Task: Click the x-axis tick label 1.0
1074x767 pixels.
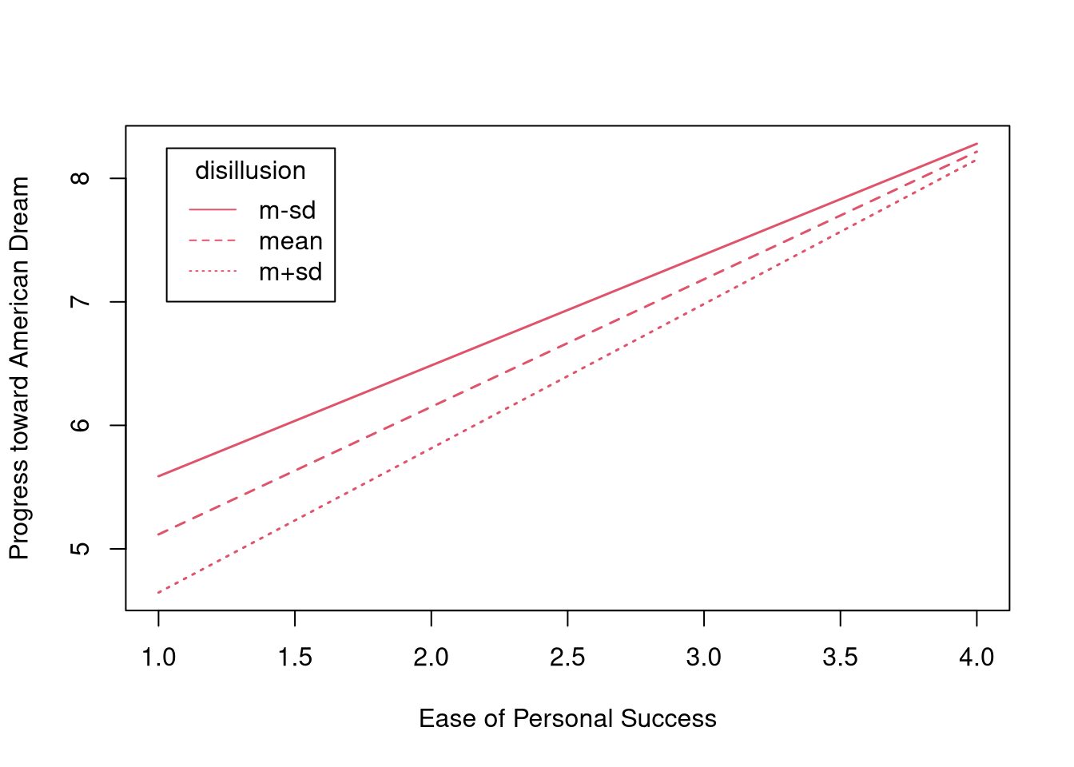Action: (158, 658)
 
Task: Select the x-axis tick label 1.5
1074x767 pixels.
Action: (295, 658)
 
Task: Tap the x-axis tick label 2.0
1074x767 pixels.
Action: (431, 658)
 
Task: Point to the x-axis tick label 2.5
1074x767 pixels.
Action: (567, 658)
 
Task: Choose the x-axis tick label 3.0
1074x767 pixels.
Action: (703, 658)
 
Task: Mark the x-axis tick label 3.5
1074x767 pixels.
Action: (840, 658)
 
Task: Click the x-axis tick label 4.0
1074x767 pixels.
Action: (977, 658)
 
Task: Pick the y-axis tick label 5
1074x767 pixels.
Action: (82, 549)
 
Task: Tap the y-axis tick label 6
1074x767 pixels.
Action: (82, 425)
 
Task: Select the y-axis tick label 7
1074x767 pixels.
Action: (82, 302)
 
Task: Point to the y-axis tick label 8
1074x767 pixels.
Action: (82, 178)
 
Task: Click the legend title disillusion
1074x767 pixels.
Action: (250, 171)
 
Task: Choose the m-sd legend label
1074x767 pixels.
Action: (287, 210)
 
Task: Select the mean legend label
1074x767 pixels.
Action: (291, 241)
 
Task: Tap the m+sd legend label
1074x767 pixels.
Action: (291, 272)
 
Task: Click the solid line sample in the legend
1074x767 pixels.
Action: (213, 210)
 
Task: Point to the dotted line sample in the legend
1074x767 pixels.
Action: (213, 272)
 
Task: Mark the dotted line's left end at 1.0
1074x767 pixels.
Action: (159, 593)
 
